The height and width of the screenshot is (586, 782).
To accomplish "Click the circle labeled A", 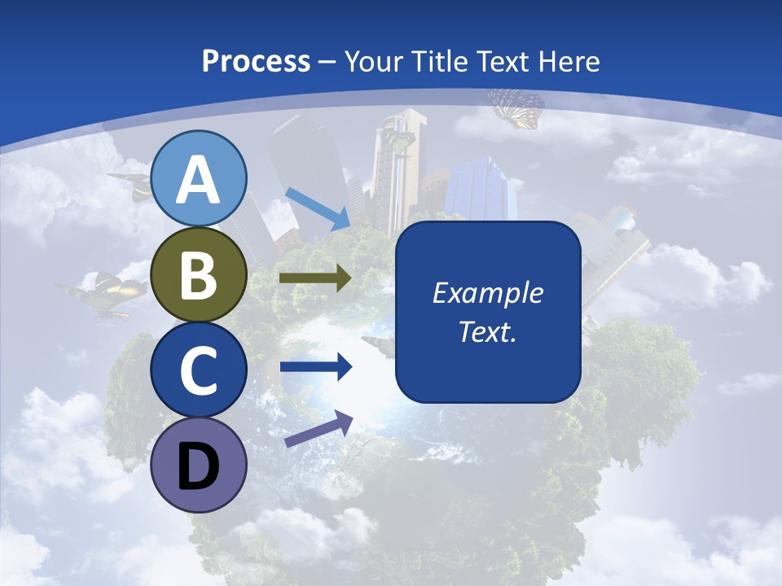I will (x=199, y=178).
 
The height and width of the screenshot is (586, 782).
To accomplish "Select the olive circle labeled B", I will (x=199, y=274).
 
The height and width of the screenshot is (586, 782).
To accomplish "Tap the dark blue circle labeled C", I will (x=199, y=370).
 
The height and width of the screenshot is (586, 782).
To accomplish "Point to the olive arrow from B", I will (x=314, y=278).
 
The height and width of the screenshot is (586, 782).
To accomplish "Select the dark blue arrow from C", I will (x=315, y=367).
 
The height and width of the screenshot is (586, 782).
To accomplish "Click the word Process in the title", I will (x=256, y=61).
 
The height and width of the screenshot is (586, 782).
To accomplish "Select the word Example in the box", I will (x=487, y=294).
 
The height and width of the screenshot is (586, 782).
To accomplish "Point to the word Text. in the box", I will (x=487, y=331).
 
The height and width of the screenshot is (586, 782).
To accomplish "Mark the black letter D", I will (x=199, y=467).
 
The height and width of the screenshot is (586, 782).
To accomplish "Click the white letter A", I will (x=199, y=180).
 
